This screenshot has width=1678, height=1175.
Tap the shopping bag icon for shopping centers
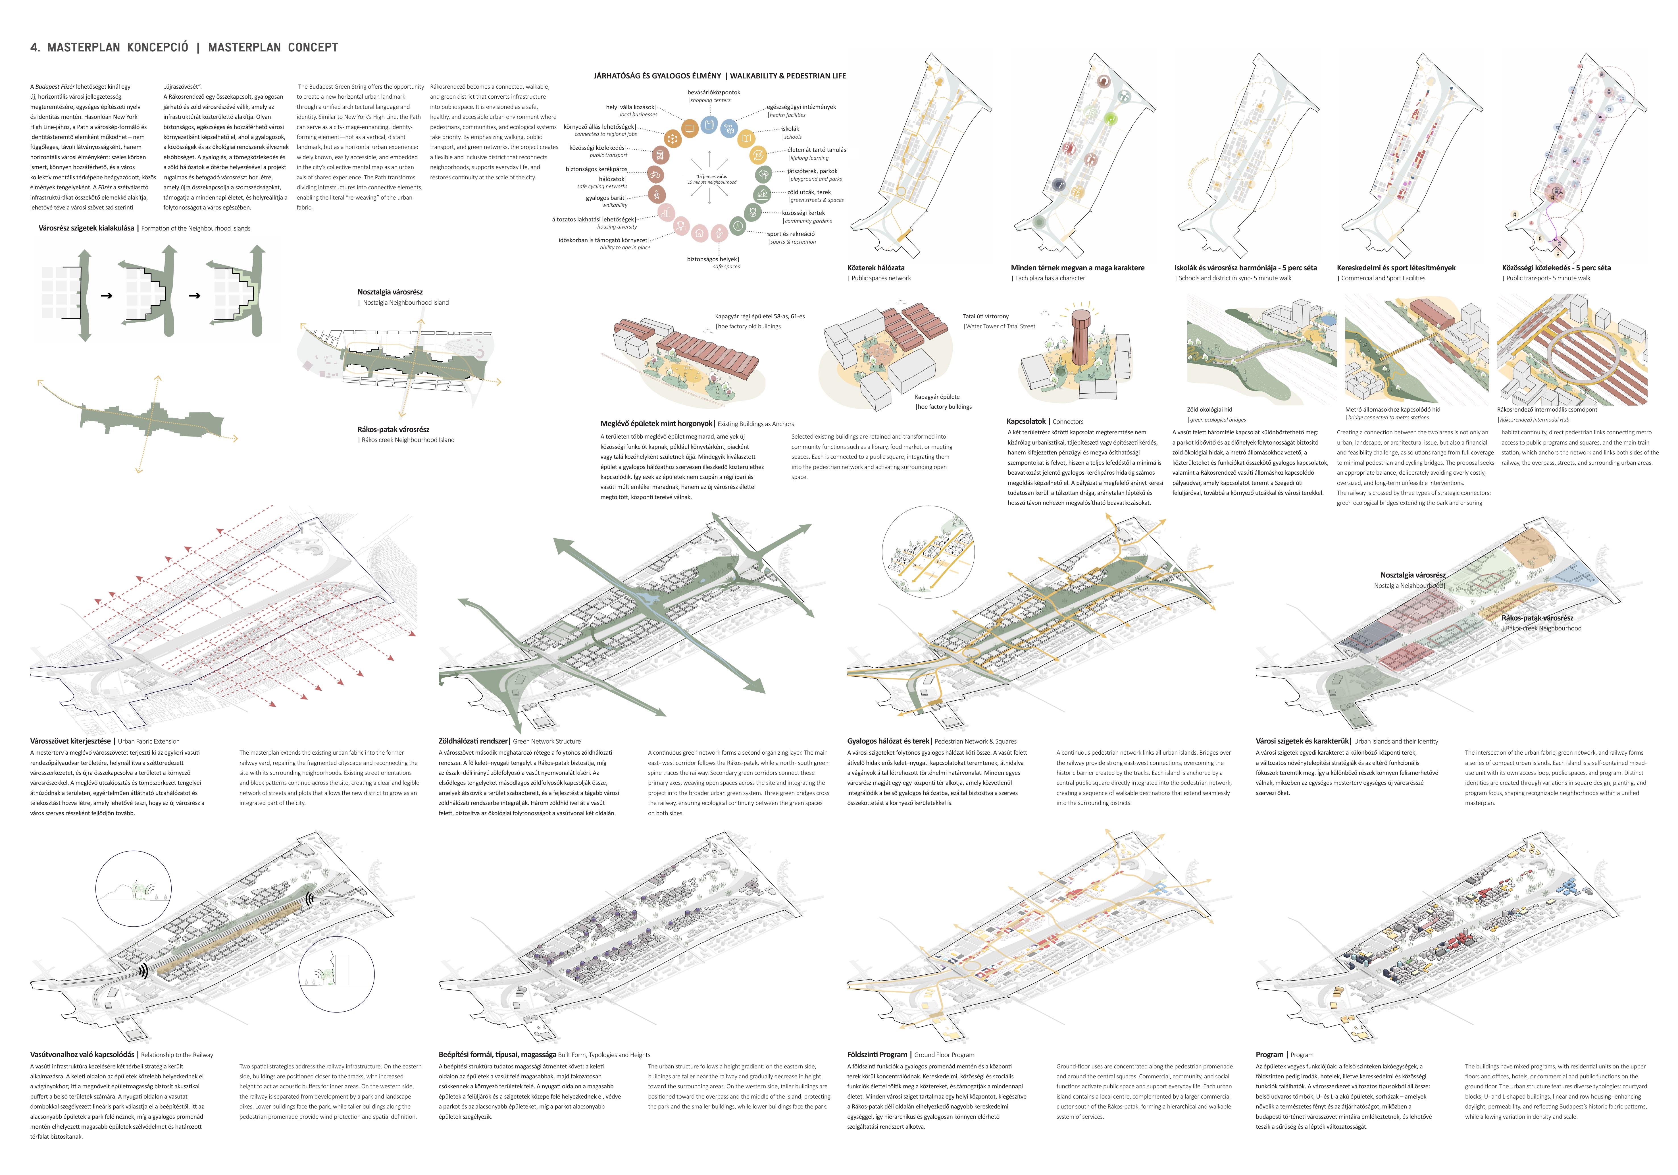point(708,125)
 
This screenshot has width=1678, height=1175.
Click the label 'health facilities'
point(787,115)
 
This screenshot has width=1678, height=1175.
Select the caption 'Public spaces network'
point(881,278)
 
